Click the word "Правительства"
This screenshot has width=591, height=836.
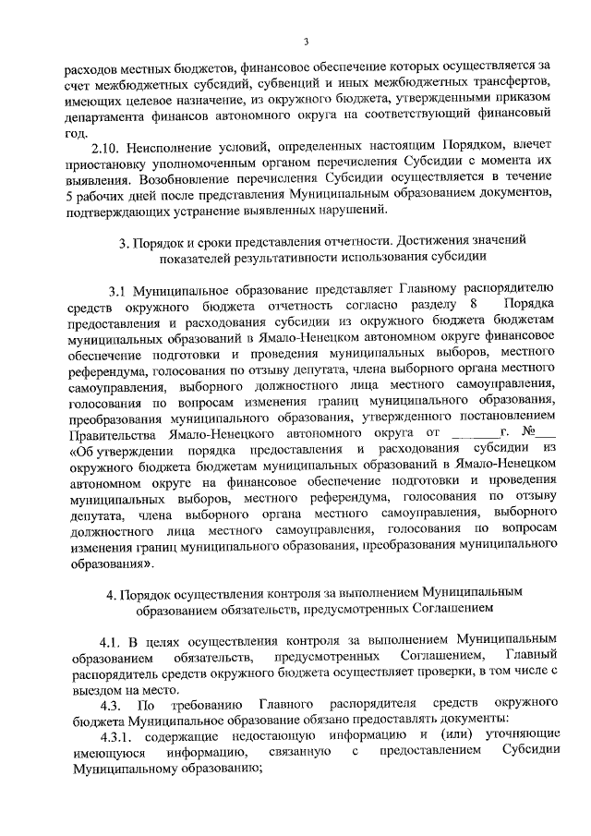(112, 431)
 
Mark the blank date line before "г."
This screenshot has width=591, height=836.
(469, 431)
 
